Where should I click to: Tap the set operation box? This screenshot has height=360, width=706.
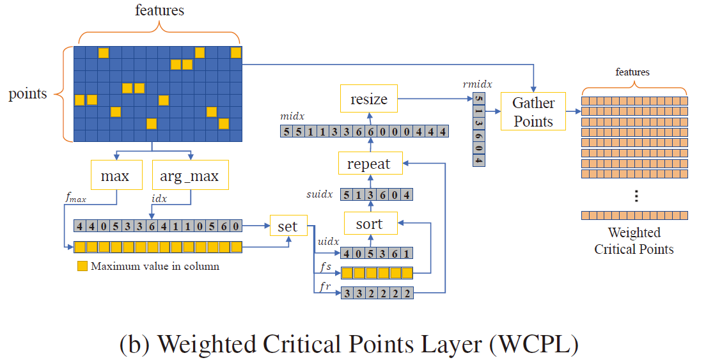pyautogui.click(x=288, y=226)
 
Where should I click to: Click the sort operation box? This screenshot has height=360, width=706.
pyautogui.click(x=369, y=224)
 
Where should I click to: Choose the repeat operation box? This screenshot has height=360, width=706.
pyautogui.click(x=368, y=164)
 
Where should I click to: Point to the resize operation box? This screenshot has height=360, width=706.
pyautogui.click(x=368, y=100)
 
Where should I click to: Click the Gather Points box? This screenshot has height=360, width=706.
pyautogui.click(x=533, y=111)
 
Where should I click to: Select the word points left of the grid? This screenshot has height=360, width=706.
pyautogui.click(x=27, y=94)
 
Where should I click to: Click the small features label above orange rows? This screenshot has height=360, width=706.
pyautogui.click(x=633, y=72)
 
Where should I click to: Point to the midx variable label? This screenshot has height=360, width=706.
pyautogui.click(x=292, y=117)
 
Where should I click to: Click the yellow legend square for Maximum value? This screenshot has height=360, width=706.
pyautogui.click(x=81, y=266)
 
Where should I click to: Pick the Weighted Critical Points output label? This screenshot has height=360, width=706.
pyautogui.click(x=634, y=241)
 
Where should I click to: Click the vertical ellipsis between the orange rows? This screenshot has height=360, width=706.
pyautogui.click(x=636, y=196)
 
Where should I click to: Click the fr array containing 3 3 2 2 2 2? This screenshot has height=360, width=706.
pyautogui.click(x=376, y=293)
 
